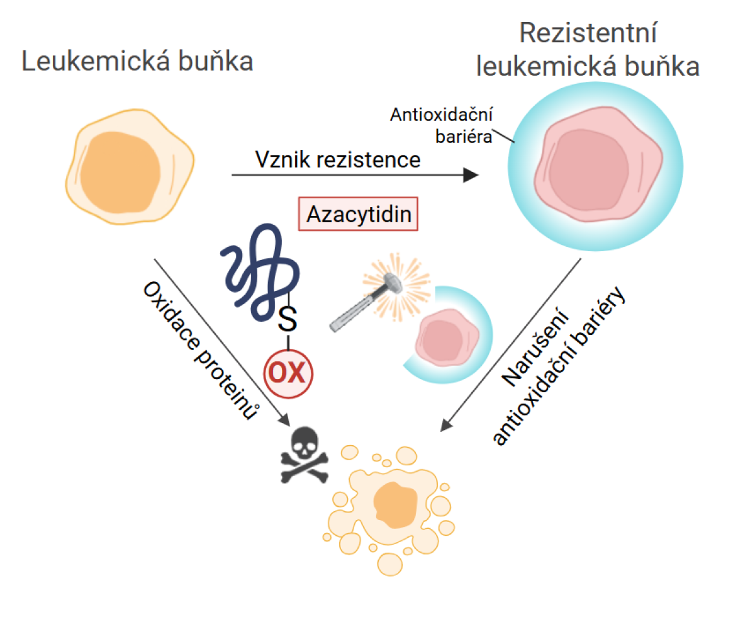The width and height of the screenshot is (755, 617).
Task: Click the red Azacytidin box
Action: pyautogui.click(x=359, y=215)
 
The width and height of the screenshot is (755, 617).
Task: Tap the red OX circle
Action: pyautogui.click(x=288, y=374)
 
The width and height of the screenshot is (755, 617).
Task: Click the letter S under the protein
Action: pyautogui.click(x=287, y=320)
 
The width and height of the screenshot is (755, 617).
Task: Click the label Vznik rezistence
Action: pyautogui.click(x=338, y=159)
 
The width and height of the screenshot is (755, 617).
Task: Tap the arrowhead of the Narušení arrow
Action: pyautogui.click(x=445, y=427)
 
